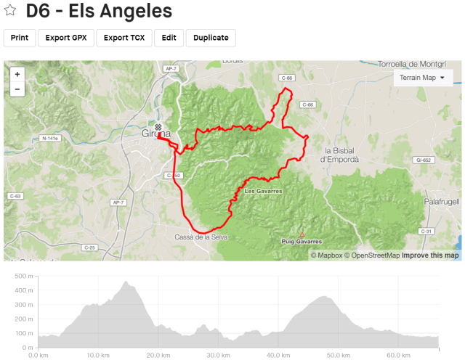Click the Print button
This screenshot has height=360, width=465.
[x=20, y=38]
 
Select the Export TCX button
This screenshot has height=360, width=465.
[x=124, y=38]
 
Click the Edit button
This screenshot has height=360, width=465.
[x=169, y=38]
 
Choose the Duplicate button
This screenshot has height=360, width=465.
[x=211, y=38]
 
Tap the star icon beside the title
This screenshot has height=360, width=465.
[x=11, y=12]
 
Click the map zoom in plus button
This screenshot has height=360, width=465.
[x=17, y=75]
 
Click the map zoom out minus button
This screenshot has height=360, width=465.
[x=17, y=89]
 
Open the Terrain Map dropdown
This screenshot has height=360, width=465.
[x=423, y=78]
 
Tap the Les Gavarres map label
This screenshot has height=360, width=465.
[x=263, y=192]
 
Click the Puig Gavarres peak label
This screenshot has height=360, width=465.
[x=302, y=241]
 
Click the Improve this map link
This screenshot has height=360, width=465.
[x=431, y=255]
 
